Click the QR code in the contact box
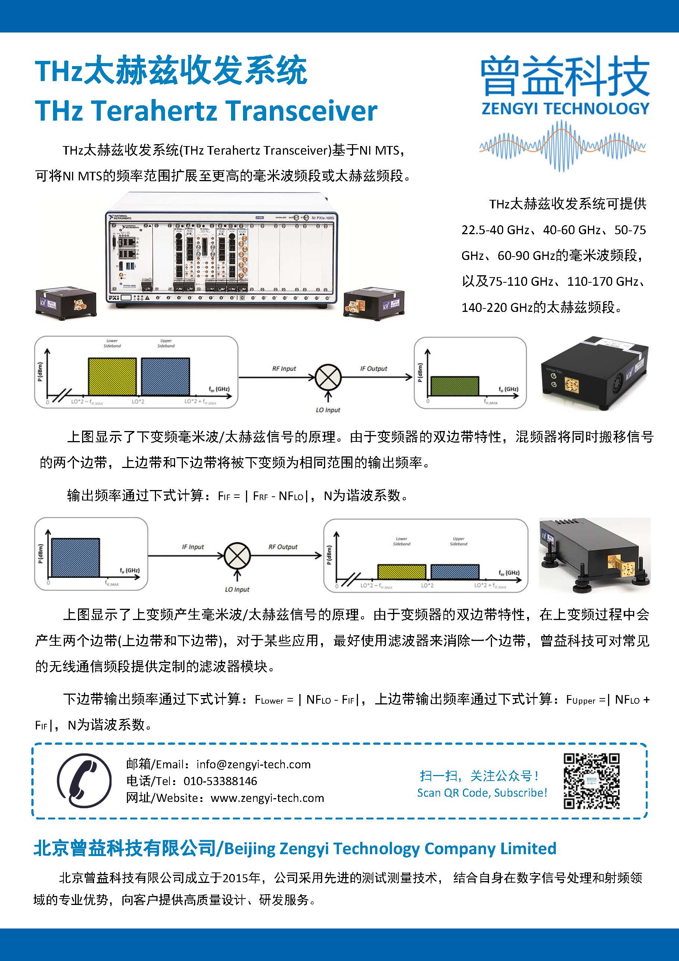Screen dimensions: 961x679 591,781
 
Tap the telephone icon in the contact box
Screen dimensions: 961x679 84,781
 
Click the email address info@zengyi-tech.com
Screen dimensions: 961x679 253,765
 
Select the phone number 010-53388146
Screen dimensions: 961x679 221,781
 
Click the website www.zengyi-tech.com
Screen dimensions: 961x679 267,798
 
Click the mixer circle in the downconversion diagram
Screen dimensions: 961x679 328,377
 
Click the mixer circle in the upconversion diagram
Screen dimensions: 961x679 237,556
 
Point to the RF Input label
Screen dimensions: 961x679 284,369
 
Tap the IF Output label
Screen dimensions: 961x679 373,369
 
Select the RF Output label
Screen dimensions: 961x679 283,547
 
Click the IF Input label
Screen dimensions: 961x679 193,547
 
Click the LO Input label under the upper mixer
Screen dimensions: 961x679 328,410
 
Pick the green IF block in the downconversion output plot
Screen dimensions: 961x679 454,386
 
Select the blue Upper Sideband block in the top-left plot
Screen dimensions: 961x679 165,376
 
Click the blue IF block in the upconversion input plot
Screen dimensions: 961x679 75,558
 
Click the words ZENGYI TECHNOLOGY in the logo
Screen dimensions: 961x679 565,109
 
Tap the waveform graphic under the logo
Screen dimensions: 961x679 562,146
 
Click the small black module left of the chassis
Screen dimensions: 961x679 66,302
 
